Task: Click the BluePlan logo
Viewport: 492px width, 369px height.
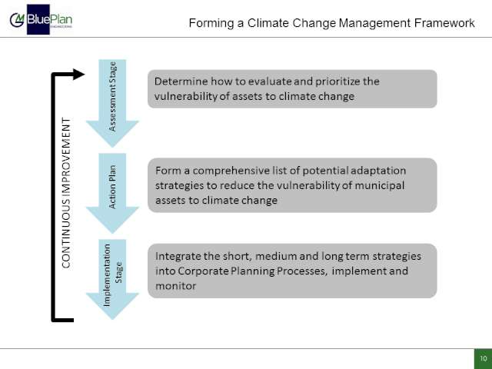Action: (41, 19)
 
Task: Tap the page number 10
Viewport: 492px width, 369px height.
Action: (484, 358)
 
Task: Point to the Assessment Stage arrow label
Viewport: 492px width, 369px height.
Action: (112, 97)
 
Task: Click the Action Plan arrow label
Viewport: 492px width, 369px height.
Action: (112, 187)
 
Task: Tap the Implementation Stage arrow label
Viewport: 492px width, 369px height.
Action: (113, 275)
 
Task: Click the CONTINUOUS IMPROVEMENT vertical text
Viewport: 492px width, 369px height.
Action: (66, 193)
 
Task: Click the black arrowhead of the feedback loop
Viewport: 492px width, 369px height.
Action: (78, 75)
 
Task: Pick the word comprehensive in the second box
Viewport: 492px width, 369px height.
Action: (231, 171)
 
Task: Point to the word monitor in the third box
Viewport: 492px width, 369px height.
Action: (176, 286)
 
